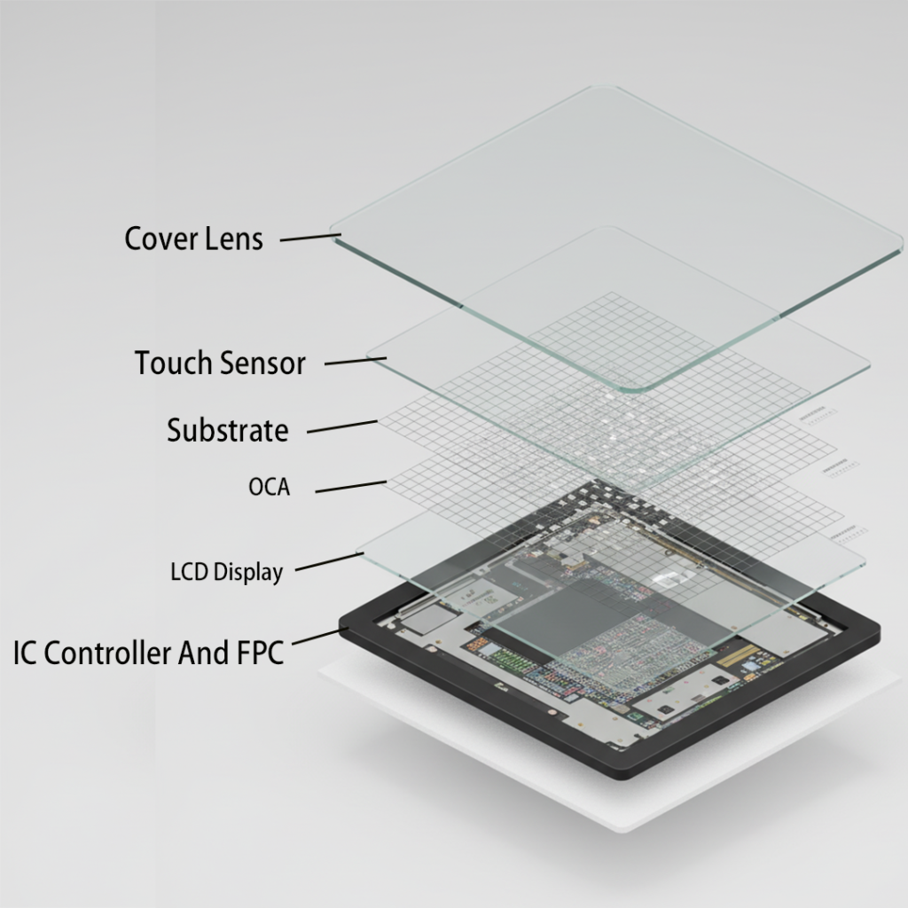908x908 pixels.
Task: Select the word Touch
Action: tap(173, 363)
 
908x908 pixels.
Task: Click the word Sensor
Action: tap(262, 364)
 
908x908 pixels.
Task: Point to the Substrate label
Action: tap(228, 430)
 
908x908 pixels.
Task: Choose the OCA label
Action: tap(270, 487)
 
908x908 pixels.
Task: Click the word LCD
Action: tap(190, 572)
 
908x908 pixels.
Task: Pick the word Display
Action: tap(248, 573)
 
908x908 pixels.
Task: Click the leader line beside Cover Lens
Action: tap(310, 238)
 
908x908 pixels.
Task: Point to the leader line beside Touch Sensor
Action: tap(355, 361)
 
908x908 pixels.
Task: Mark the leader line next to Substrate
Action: tap(342, 427)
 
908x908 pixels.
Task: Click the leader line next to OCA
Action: tap(351, 487)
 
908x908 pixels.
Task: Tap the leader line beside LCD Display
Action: tap(330, 561)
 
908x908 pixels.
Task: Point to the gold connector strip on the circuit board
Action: tap(738, 655)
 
